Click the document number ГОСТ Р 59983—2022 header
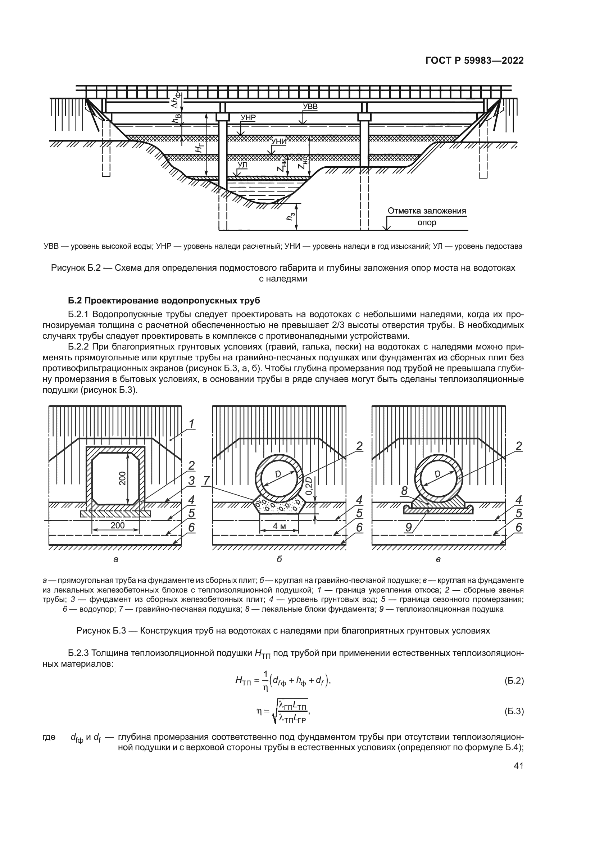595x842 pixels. [474, 61]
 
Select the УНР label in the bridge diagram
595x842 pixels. [248, 118]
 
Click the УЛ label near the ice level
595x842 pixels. [242, 165]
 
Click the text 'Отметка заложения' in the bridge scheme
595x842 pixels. [427, 211]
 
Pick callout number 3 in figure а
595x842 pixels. [191, 481]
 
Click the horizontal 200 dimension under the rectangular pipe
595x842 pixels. [118, 525]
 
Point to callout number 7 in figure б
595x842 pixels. [206, 481]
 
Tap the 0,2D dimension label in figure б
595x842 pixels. [309, 486]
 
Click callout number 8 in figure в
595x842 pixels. [404, 491]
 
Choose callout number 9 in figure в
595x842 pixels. [409, 527]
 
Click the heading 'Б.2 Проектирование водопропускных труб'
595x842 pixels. [164, 301]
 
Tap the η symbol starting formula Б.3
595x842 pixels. [260, 711]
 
